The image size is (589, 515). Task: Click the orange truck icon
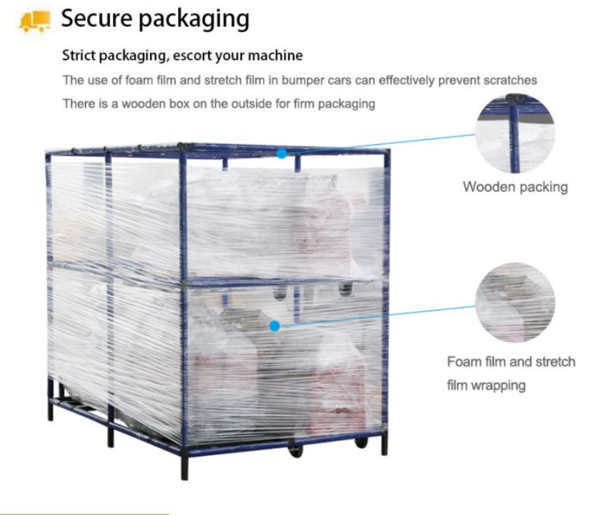[x=35, y=22]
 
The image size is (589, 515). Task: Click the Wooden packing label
[x=515, y=187]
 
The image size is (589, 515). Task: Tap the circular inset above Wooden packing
[x=515, y=133]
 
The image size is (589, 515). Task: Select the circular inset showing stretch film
[x=515, y=302]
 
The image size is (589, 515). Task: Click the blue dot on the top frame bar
[x=282, y=153]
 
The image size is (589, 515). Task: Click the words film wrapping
[x=486, y=385]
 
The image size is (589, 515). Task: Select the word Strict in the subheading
[x=79, y=56]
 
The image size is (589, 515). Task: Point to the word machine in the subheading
[x=278, y=56]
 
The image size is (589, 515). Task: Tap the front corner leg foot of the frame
[x=185, y=474]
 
